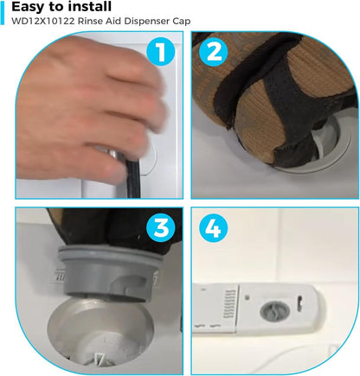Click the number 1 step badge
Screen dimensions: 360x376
[160, 52]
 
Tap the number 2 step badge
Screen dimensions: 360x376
[214, 52]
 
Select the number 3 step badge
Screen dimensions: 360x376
[160, 228]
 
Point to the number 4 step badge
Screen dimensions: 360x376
[214, 228]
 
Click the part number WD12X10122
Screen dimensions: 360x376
[42, 22]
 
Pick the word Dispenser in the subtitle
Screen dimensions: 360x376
[145, 22]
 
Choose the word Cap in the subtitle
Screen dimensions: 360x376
[182, 22]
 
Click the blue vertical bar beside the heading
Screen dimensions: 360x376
[3, 13]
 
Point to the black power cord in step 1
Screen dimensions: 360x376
[133, 178]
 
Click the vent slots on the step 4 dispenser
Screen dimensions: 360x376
[229, 304]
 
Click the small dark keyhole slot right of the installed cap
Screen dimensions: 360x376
[299, 301]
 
